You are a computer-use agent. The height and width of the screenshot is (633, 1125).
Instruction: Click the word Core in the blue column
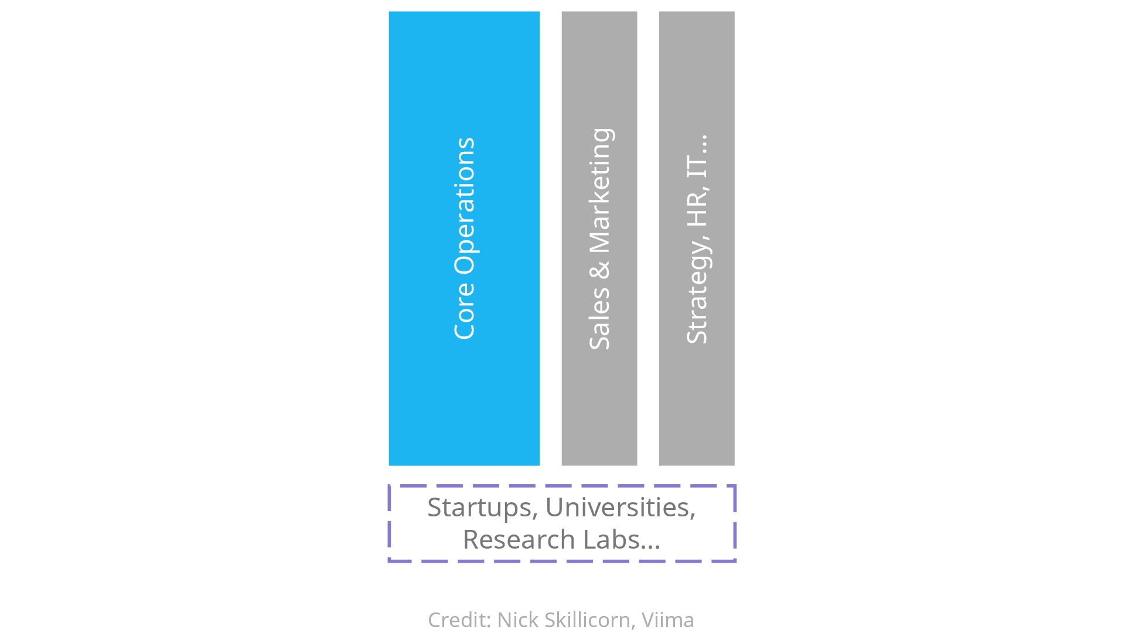coord(464,311)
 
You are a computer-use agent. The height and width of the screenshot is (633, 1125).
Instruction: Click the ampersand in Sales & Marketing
coord(599,270)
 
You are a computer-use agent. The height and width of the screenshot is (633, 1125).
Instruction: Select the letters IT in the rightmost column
coord(697,167)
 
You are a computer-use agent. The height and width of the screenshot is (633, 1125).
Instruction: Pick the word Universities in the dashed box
coord(618,508)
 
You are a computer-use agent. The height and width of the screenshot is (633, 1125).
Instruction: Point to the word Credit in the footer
coord(458,620)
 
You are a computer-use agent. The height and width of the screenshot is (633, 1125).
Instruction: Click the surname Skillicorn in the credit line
coord(588,620)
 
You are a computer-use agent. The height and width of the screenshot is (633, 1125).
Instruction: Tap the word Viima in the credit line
coord(667,620)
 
